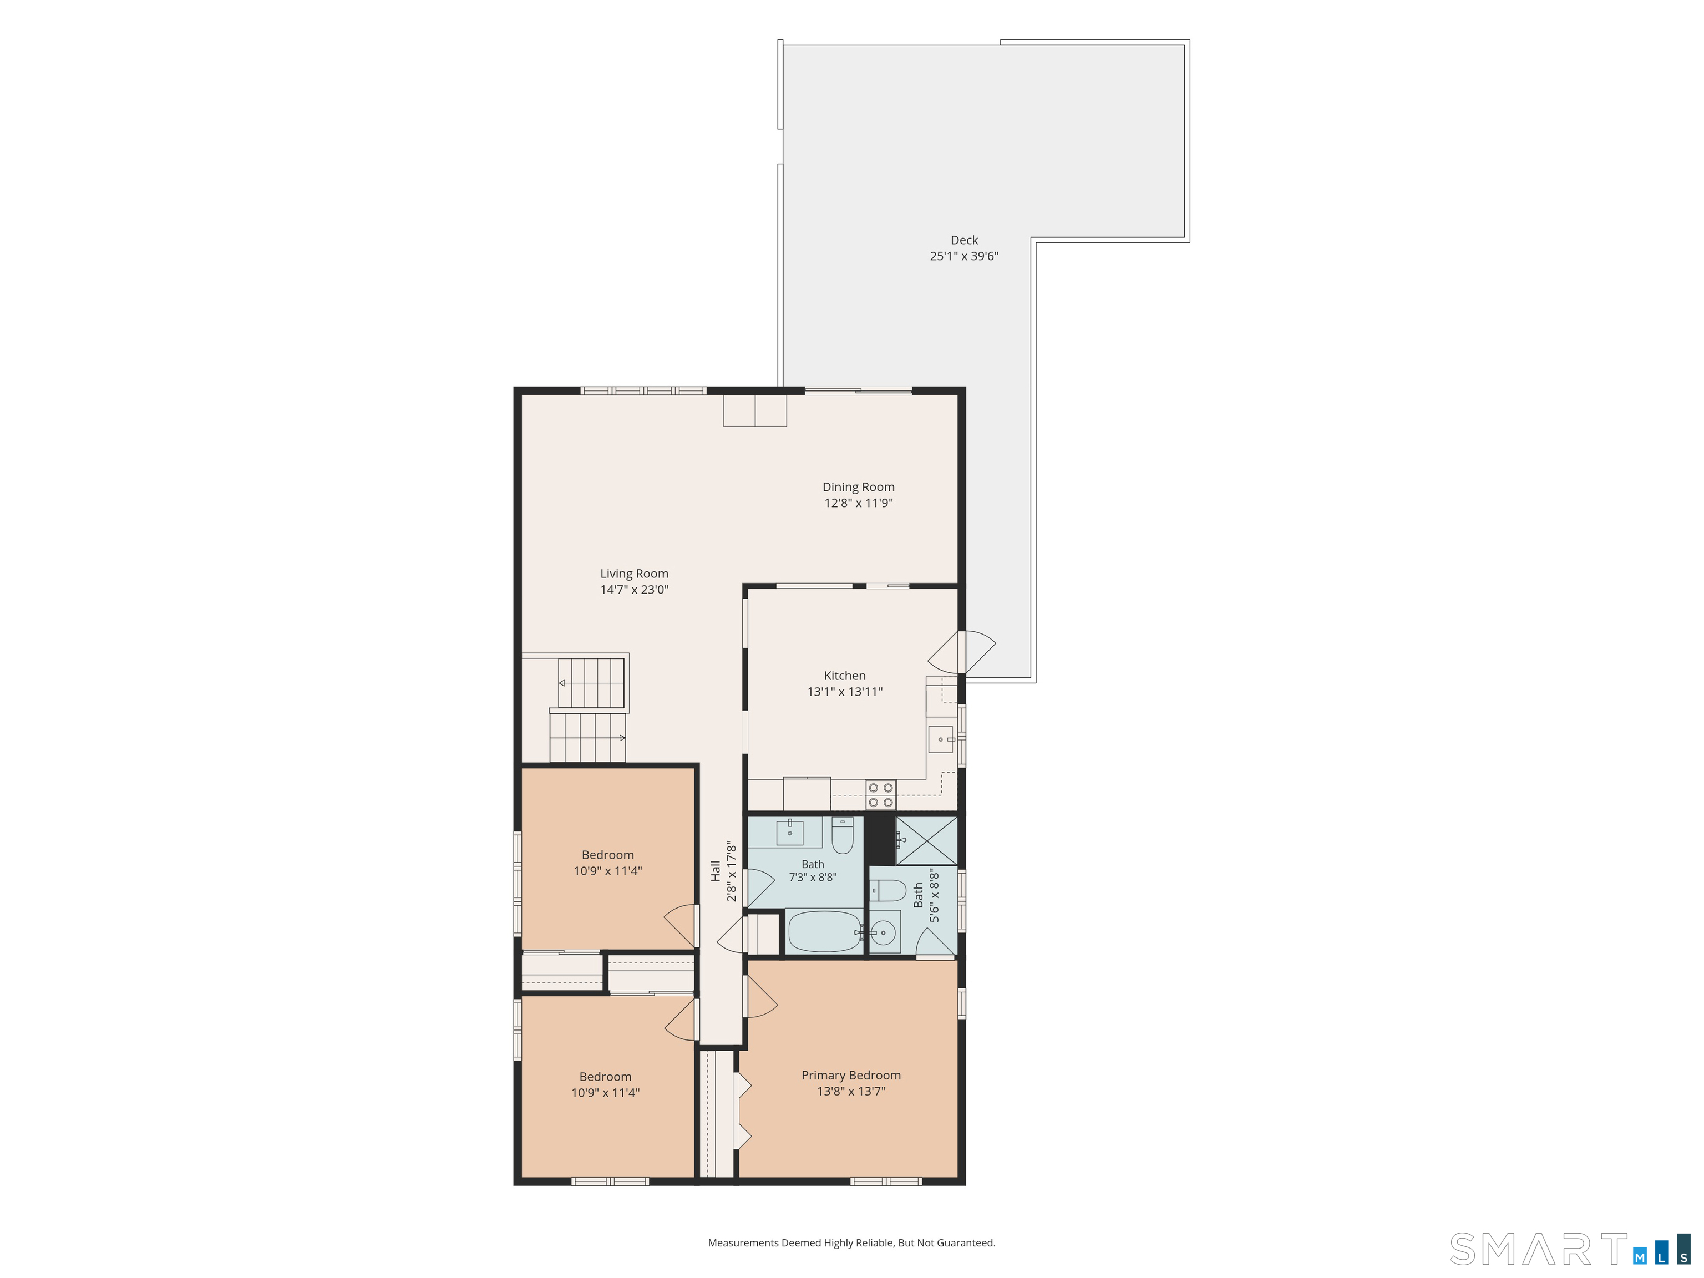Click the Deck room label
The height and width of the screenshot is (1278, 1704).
pyautogui.click(x=963, y=240)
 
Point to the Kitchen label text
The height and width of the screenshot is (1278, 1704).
pyautogui.click(x=844, y=676)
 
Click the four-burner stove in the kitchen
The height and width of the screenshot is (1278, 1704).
pyautogui.click(x=880, y=795)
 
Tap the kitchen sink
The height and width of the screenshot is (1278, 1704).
pyautogui.click(x=941, y=739)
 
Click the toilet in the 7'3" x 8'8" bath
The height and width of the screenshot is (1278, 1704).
pyautogui.click(x=843, y=835)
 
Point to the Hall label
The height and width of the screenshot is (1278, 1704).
pyautogui.click(x=716, y=871)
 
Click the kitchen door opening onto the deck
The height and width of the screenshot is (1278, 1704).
pyautogui.click(x=962, y=652)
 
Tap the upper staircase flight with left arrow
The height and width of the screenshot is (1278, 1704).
pyautogui.click(x=591, y=682)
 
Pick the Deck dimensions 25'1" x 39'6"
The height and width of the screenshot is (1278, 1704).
pyautogui.click(x=963, y=256)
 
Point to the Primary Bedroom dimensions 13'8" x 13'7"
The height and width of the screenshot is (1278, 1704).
pyautogui.click(x=850, y=1092)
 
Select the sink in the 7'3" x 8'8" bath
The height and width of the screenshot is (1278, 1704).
pyautogui.click(x=790, y=833)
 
